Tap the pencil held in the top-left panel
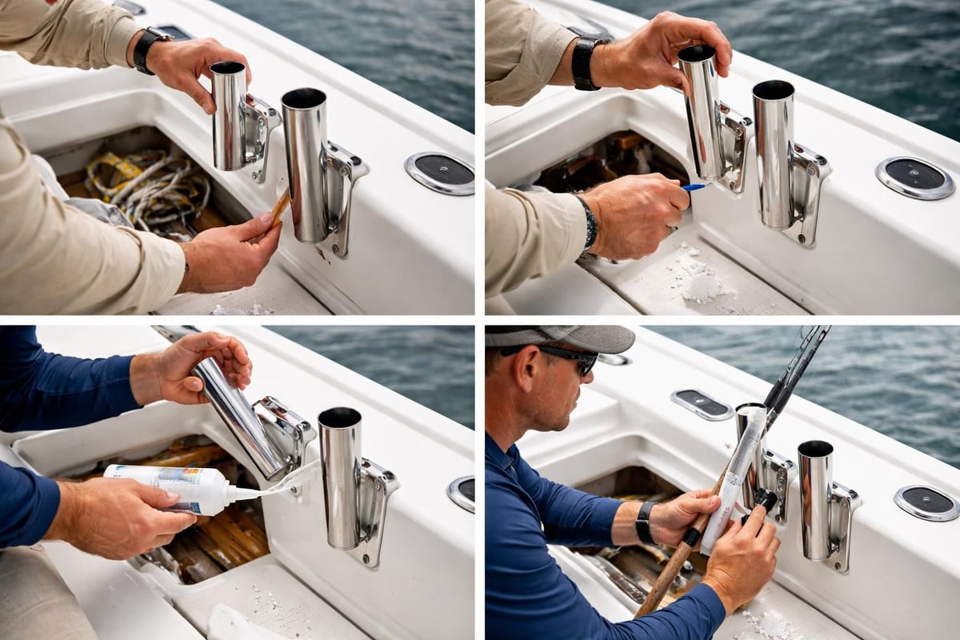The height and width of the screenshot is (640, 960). pyautogui.click(x=279, y=207)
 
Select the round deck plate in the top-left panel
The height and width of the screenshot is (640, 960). pyautogui.click(x=439, y=173)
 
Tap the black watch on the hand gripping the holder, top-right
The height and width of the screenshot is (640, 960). pyautogui.click(x=584, y=62)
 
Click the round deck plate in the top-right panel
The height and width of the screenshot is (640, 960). pyautogui.click(x=914, y=178)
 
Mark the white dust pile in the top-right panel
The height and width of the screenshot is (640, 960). pyautogui.click(x=701, y=285)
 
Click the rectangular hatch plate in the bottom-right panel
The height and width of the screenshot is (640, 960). pyautogui.click(x=702, y=404)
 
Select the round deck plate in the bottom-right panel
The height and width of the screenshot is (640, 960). pyautogui.click(x=926, y=502)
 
